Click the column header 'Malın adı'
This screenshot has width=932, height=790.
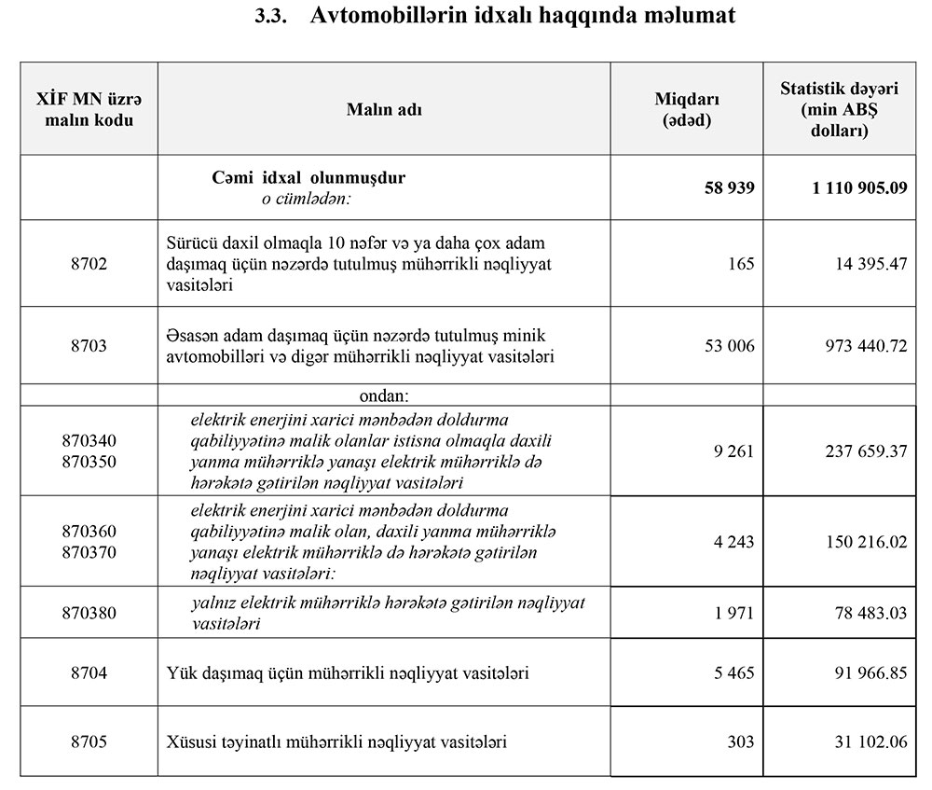coord(384,109)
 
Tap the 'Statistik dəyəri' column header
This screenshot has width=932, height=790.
coord(840,109)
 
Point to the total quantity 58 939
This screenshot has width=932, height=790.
coord(730,187)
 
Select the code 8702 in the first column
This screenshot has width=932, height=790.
coord(89,264)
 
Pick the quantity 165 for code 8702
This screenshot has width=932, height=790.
coord(741,264)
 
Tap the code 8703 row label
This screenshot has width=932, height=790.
coord(89,345)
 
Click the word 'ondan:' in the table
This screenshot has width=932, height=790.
coord(385,395)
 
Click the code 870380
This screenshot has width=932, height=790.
coord(89,612)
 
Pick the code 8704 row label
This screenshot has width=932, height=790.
coord(89,672)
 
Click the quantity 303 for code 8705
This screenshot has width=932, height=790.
coord(741,741)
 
